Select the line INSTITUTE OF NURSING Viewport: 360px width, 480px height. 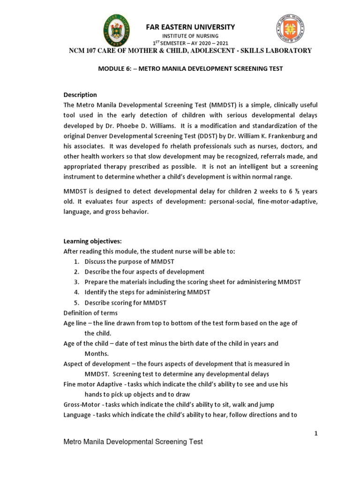click(x=190, y=36)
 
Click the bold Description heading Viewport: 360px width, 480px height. click(x=80, y=95)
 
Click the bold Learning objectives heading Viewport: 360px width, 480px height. click(x=92, y=241)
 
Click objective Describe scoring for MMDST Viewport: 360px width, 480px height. click(x=126, y=303)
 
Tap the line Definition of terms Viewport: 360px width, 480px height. click(x=90, y=313)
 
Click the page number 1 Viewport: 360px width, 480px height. click(x=316, y=434)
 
